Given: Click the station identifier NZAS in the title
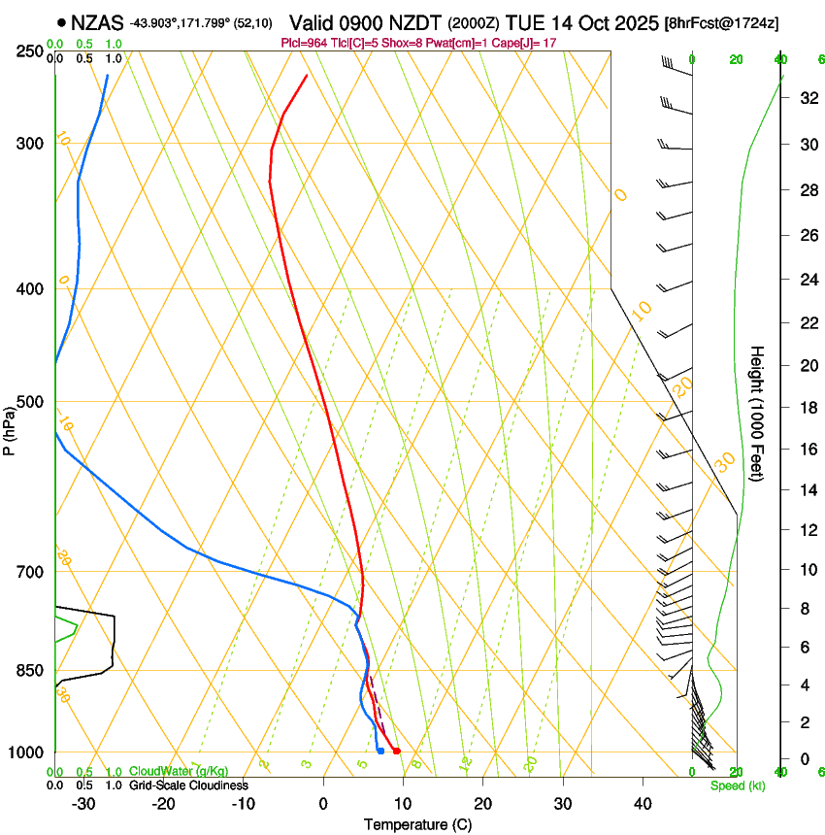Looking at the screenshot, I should (x=98, y=22).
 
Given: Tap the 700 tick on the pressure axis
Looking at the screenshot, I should (x=29, y=572).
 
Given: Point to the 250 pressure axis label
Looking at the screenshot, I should (x=29, y=50).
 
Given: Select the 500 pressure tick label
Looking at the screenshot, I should (x=29, y=402).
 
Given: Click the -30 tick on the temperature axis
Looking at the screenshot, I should (x=83, y=804).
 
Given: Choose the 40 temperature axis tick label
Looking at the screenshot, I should (x=643, y=804).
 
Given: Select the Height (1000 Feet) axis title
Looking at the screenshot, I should (x=758, y=414).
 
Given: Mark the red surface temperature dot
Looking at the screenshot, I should (x=397, y=751).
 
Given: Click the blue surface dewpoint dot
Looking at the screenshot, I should (x=380, y=751).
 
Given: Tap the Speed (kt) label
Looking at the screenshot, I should (x=738, y=785).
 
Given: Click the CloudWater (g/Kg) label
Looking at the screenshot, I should (x=179, y=772).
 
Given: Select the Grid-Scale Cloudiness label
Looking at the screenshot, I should (x=188, y=785).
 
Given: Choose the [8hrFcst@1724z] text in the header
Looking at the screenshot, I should (x=721, y=22).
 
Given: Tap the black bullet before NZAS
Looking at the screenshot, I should (x=62, y=22).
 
